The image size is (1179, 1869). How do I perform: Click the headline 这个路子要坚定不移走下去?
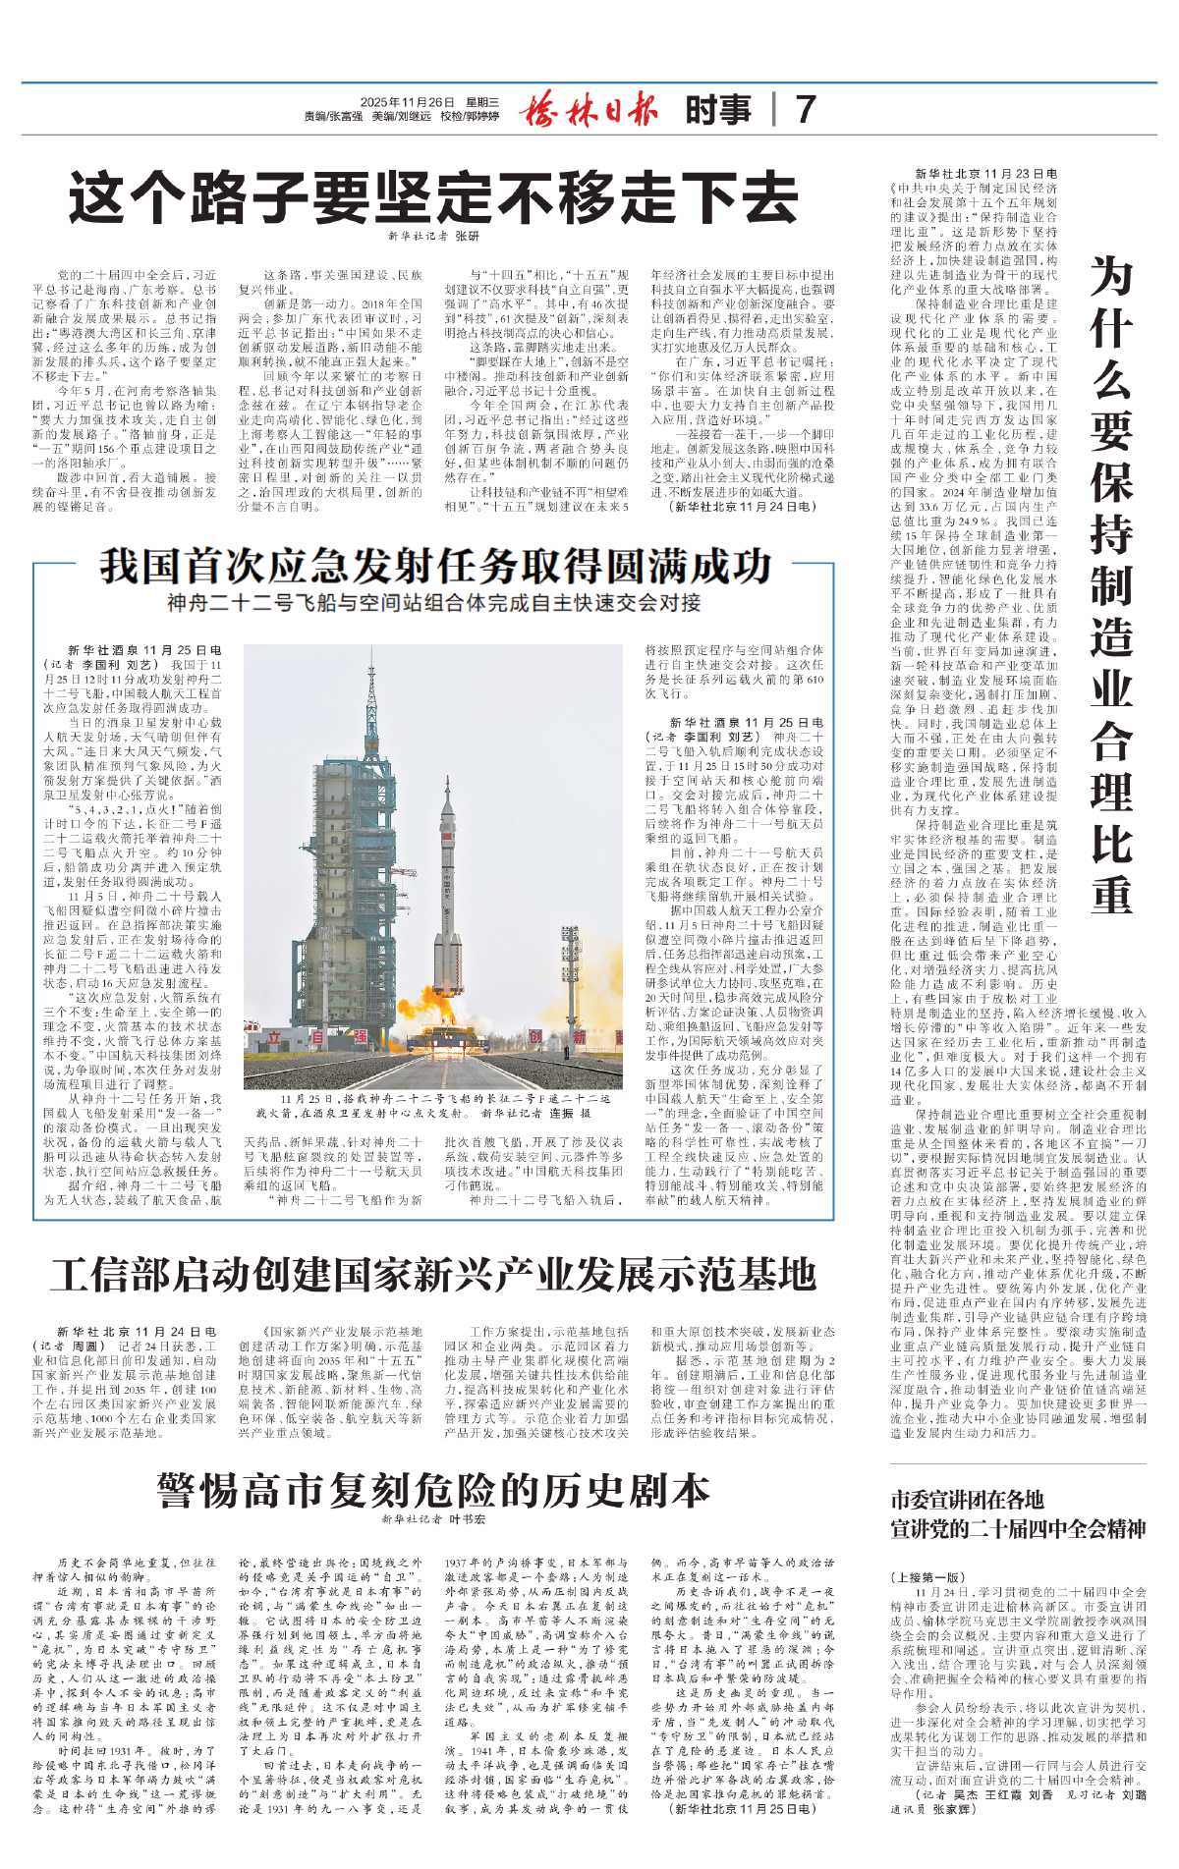(433, 199)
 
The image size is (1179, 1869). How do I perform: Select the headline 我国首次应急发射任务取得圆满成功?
(435, 567)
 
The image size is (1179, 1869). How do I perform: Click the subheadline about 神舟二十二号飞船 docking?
(434, 601)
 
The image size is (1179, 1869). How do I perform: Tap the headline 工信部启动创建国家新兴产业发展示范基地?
(433, 1276)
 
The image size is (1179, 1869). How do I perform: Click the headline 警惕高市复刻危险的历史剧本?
(433, 1490)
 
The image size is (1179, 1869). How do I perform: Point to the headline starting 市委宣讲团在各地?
(967, 1500)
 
